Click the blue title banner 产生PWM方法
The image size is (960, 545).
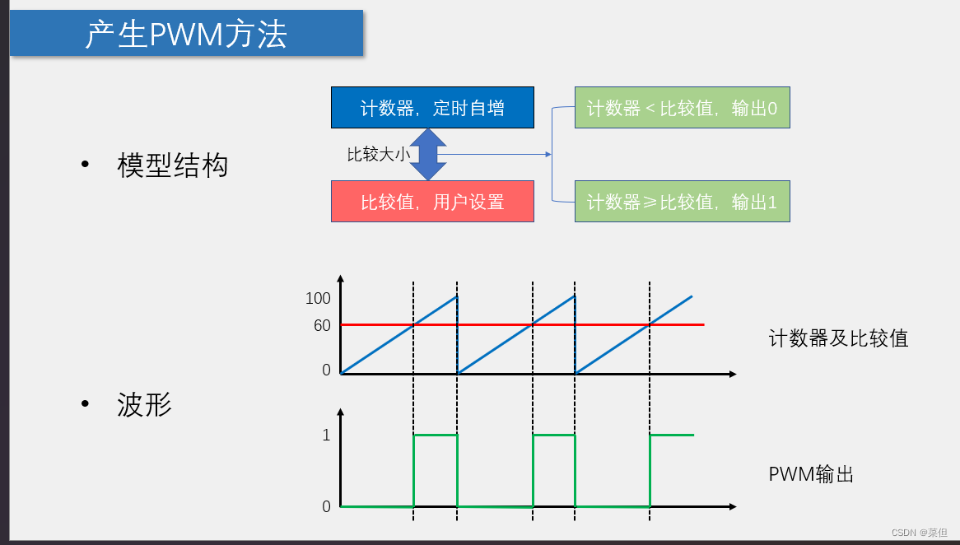(x=186, y=34)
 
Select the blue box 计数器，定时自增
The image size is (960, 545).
(x=432, y=108)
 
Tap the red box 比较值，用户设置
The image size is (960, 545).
(x=432, y=202)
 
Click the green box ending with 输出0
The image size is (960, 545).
(x=682, y=108)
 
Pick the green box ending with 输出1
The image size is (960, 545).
(x=682, y=202)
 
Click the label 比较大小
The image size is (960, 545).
(x=378, y=154)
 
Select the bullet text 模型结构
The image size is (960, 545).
(x=172, y=166)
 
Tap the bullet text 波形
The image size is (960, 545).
(x=145, y=405)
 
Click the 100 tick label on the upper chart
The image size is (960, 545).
(x=318, y=299)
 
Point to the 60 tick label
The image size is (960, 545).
(x=322, y=326)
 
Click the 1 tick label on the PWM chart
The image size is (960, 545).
(x=326, y=435)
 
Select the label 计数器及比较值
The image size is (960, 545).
(x=838, y=338)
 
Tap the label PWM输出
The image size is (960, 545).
(x=811, y=474)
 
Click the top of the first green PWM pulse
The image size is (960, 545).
(x=435, y=435)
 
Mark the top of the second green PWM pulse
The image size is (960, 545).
(x=554, y=435)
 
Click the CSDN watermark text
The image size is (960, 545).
(x=920, y=533)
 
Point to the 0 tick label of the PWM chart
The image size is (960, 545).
(x=326, y=506)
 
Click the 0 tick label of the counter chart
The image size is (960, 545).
(x=326, y=370)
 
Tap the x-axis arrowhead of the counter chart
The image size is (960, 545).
(x=732, y=374)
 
